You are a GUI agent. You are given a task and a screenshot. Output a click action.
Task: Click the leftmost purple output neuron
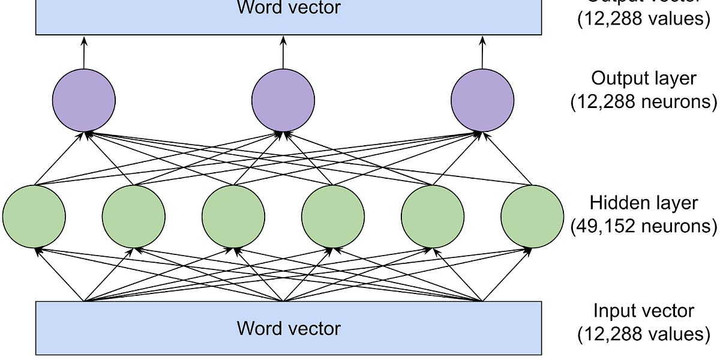pyautogui.click(x=83, y=98)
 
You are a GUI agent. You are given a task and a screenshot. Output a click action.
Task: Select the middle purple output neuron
pyautogui.click(x=283, y=98)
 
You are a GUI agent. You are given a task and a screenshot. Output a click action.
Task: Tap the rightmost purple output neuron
pyautogui.click(x=482, y=98)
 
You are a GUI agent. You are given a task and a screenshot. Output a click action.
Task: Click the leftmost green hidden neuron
pyautogui.click(x=34, y=216)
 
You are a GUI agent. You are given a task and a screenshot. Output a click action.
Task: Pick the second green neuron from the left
pyautogui.click(x=133, y=216)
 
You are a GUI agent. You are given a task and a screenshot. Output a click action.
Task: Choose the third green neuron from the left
pyautogui.click(x=233, y=216)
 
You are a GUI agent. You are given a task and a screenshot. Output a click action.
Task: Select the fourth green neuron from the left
pyautogui.click(x=332, y=216)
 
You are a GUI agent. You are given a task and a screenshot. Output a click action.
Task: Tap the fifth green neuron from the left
pyautogui.click(x=432, y=216)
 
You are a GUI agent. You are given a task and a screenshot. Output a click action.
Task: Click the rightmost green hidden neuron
pyautogui.click(x=532, y=216)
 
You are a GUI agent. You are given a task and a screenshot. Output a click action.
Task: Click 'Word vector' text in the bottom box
pyautogui.click(x=289, y=328)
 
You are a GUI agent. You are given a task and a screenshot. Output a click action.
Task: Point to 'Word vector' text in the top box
pyautogui.click(x=289, y=8)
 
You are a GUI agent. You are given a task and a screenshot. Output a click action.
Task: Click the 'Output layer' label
pyautogui.click(x=643, y=79)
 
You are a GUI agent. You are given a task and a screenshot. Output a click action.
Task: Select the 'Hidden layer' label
pyautogui.click(x=643, y=202)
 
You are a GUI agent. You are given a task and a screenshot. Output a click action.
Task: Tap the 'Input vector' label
pyautogui.click(x=643, y=311)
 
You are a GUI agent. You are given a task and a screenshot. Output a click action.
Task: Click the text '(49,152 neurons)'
pyautogui.click(x=643, y=226)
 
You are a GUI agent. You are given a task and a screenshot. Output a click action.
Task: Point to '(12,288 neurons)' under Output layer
pyautogui.click(x=643, y=102)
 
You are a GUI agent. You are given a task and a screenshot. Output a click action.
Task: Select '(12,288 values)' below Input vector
pyautogui.click(x=643, y=334)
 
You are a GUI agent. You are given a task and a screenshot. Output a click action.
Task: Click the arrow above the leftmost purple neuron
pyautogui.click(x=83, y=51)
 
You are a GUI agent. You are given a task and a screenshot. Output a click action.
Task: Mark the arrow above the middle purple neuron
pyautogui.click(x=283, y=51)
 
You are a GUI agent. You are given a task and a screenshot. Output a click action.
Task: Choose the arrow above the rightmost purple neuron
pyautogui.click(x=482, y=51)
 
